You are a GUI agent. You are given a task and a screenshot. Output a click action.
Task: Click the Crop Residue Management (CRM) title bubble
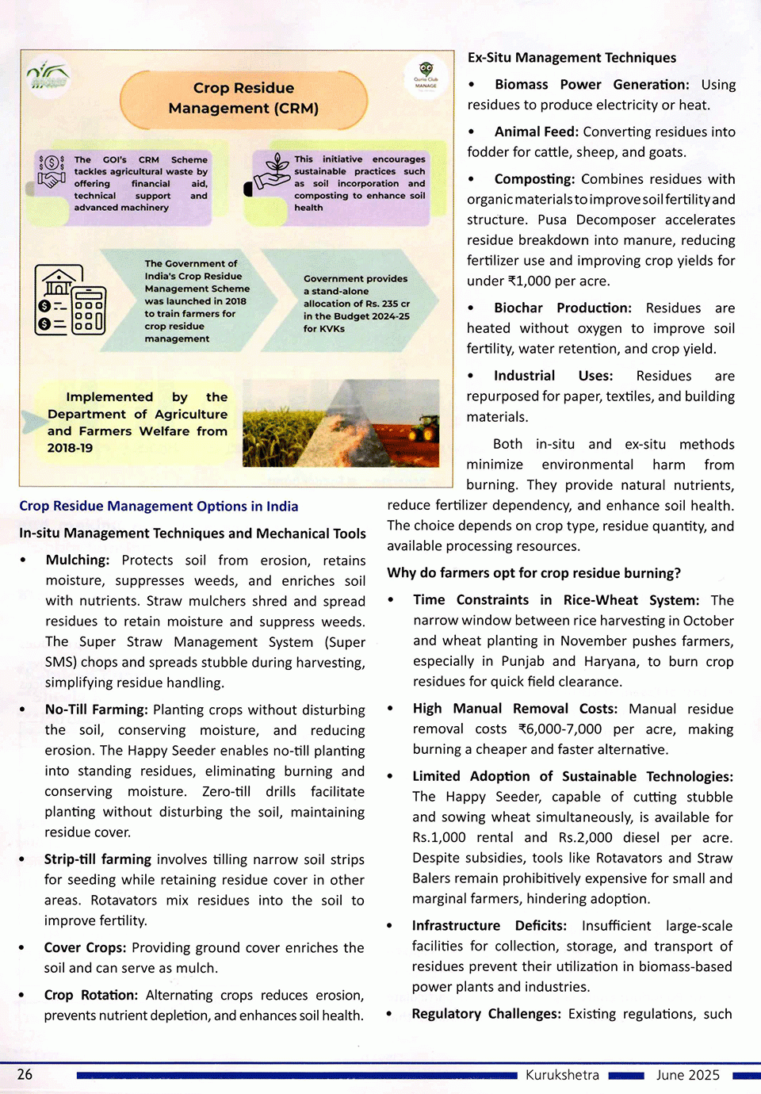pyautogui.click(x=243, y=98)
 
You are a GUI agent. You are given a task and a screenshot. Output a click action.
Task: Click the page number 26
pyautogui.click(x=25, y=1074)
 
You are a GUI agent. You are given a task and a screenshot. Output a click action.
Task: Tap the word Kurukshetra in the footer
pyautogui.click(x=562, y=1075)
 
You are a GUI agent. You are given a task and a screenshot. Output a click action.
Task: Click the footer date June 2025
pyautogui.click(x=687, y=1075)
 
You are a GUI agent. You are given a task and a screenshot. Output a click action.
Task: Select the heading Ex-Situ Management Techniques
pyautogui.click(x=572, y=58)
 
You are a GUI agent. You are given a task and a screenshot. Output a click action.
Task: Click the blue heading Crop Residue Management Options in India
pyautogui.click(x=159, y=506)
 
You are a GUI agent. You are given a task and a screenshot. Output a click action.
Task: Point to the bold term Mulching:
pyautogui.click(x=78, y=560)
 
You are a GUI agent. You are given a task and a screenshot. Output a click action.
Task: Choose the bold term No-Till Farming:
pyautogui.click(x=96, y=710)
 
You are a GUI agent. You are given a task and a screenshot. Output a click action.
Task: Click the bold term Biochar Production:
pyautogui.click(x=562, y=308)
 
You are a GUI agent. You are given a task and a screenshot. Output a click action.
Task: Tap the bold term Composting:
pyautogui.click(x=534, y=179)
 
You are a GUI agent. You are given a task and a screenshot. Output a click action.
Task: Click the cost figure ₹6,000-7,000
pyautogui.click(x=560, y=729)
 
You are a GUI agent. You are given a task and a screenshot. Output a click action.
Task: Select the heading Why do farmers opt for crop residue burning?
pyautogui.click(x=533, y=573)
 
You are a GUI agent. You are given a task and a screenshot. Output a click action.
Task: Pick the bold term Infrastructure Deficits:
pyautogui.click(x=489, y=925)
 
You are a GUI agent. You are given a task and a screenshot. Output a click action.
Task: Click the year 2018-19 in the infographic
pyautogui.click(x=70, y=448)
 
